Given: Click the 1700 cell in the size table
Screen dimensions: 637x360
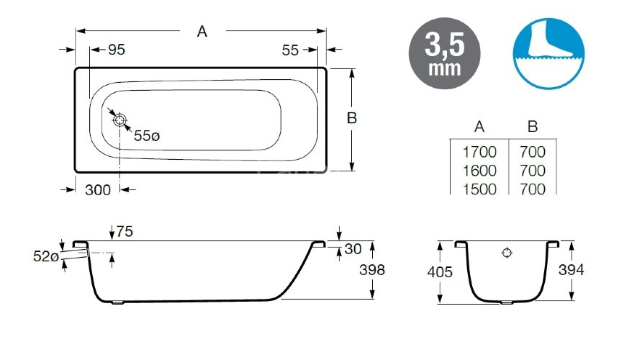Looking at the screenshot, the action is [479, 152].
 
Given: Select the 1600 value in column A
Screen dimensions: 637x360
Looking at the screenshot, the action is [479, 171].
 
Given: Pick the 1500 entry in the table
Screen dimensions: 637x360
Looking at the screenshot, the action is [479, 189].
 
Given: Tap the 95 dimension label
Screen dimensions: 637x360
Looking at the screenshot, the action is [117, 50].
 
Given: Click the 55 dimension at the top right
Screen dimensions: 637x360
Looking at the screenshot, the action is [290, 50].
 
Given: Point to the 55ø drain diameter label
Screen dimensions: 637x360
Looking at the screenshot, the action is [147, 135].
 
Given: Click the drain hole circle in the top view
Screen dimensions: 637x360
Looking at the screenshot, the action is [120, 120].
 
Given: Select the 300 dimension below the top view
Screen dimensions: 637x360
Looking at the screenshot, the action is [97, 190].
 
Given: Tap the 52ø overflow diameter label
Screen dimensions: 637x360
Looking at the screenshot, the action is [46, 256].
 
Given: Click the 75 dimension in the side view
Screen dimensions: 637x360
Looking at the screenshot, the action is [125, 232].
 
